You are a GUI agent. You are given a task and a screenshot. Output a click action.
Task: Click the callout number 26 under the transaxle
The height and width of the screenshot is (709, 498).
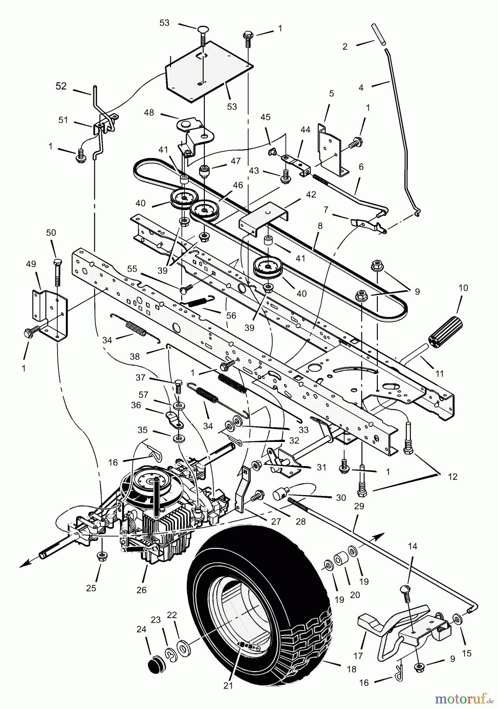141,590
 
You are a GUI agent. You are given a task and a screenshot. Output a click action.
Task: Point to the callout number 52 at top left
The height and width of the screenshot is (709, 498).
61,86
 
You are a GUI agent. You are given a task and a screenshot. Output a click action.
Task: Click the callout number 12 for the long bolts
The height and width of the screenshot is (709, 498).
453,477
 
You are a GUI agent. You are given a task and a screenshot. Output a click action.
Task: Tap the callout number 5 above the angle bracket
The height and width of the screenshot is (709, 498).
331,93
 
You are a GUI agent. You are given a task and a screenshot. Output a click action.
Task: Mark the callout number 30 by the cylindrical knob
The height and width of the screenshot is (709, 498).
341,497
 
